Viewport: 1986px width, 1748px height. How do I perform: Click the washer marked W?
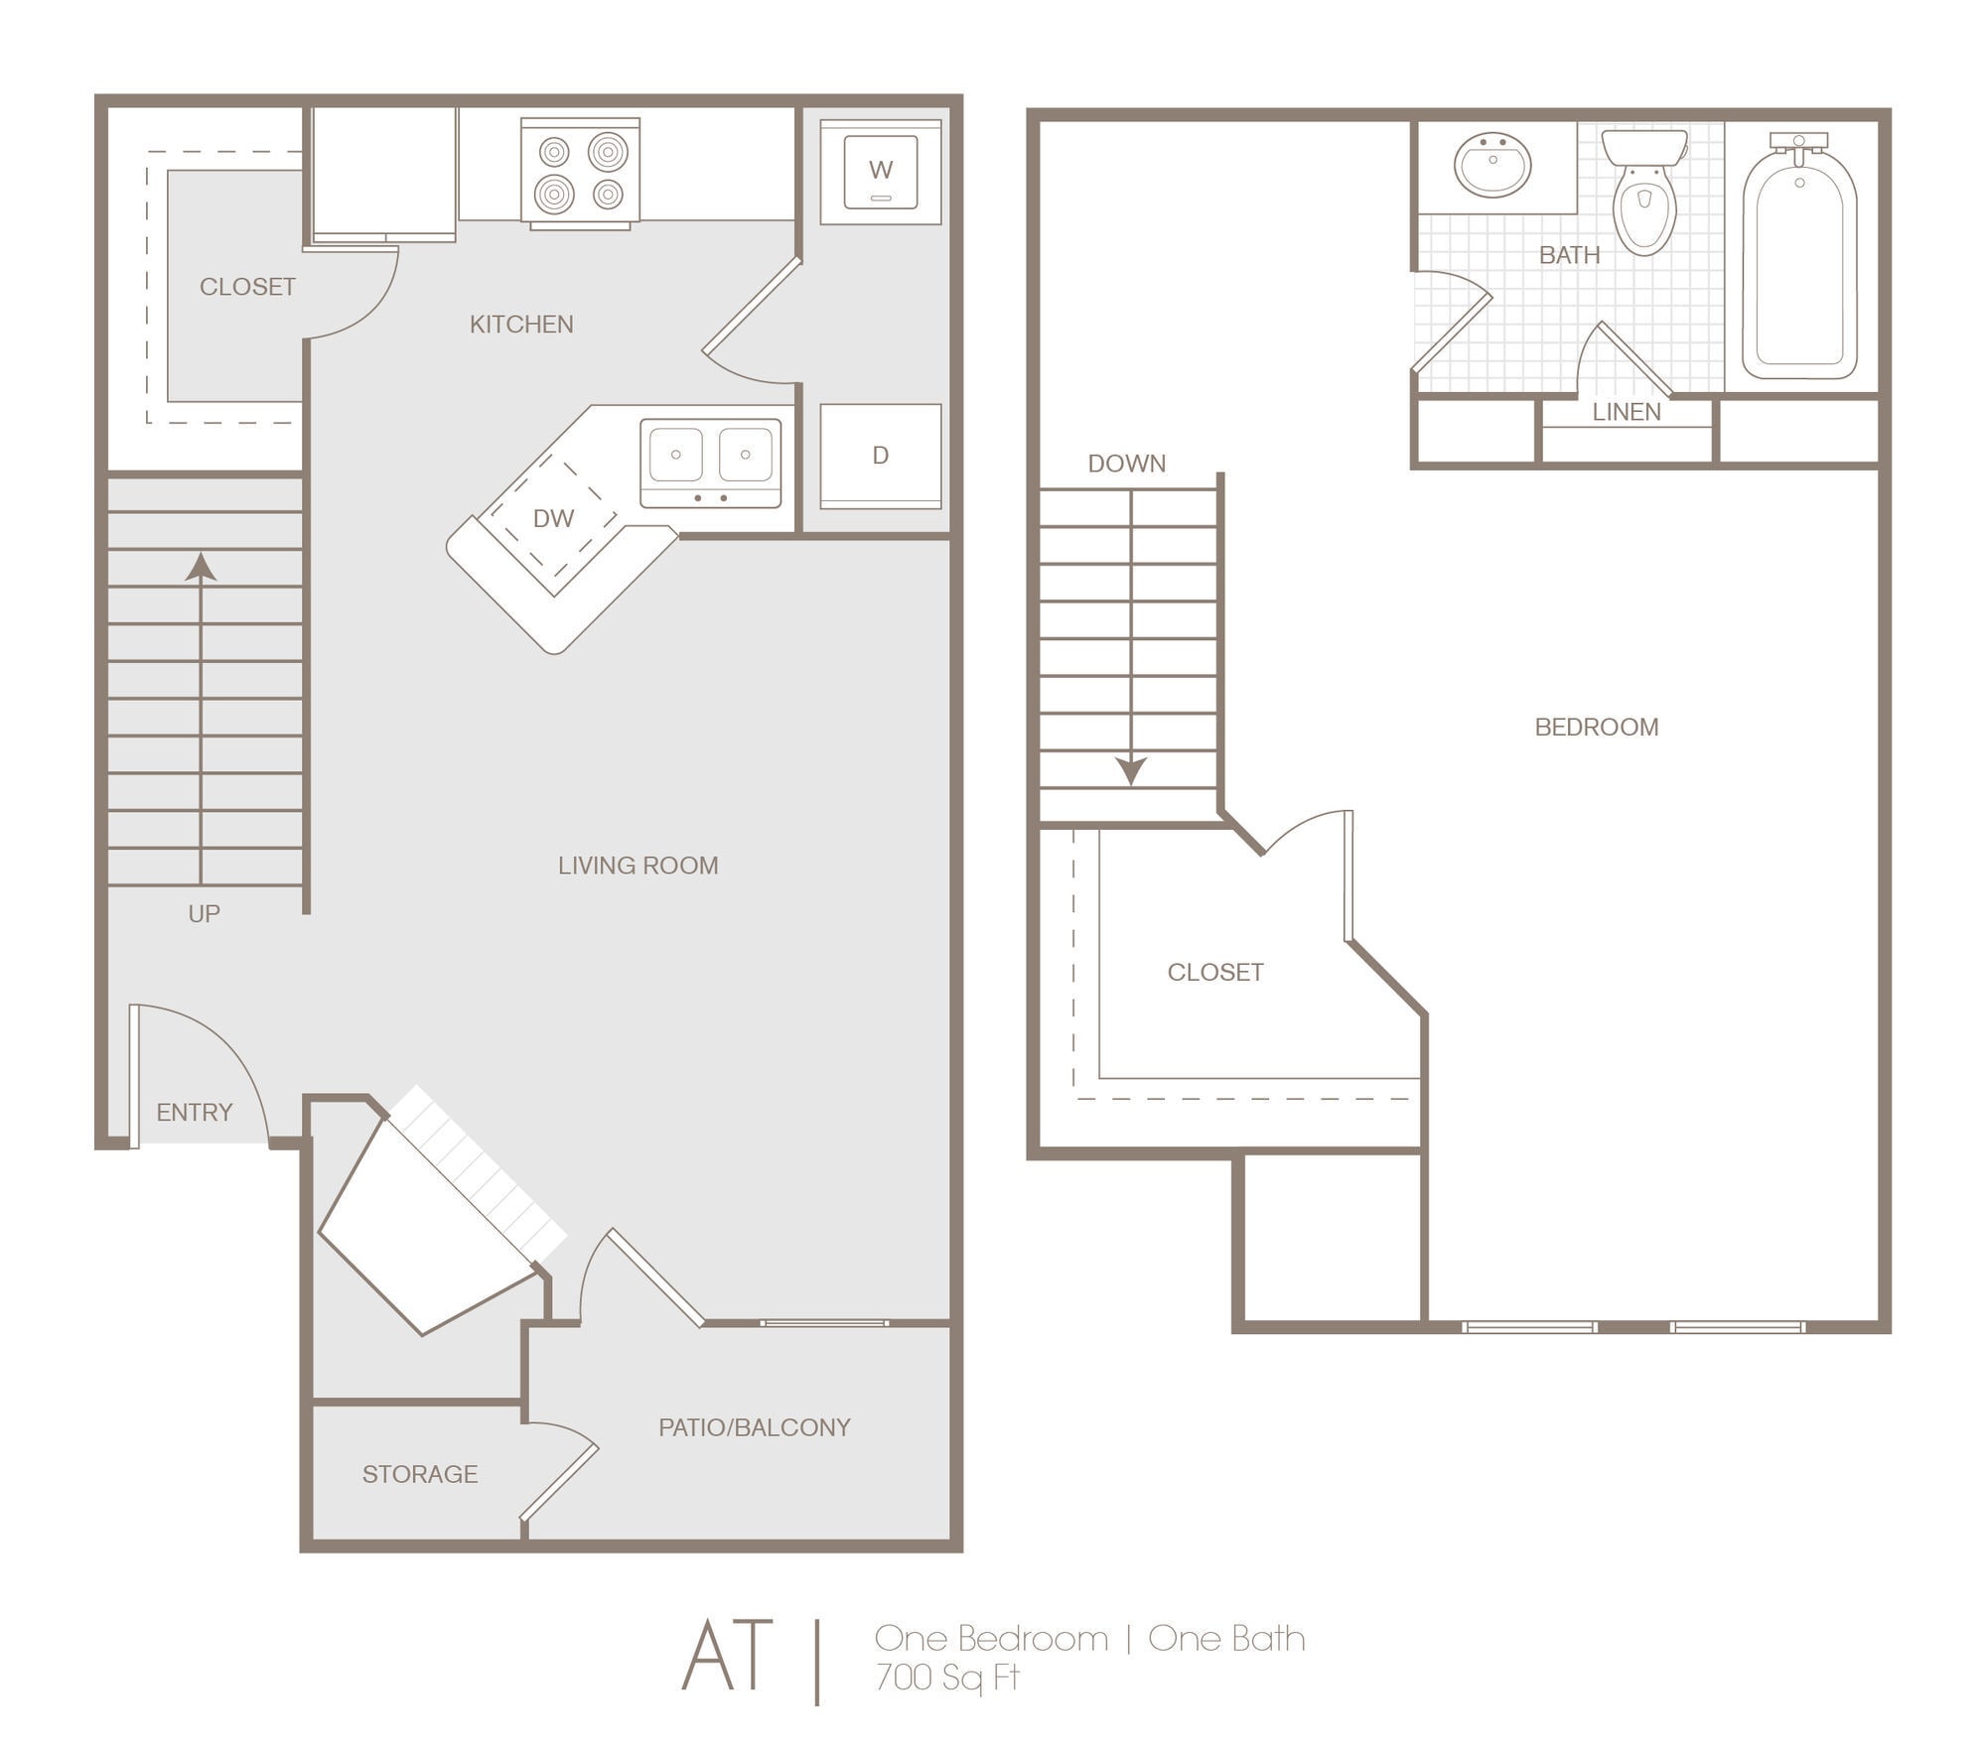click(880, 172)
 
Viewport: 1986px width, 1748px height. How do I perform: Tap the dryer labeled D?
click(880, 456)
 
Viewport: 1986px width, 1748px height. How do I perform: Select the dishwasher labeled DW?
click(553, 519)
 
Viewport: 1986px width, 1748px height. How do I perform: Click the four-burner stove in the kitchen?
click(581, 172)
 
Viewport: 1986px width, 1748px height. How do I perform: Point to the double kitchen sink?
click(710, 462)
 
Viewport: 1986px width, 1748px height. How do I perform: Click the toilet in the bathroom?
click(1644, 194)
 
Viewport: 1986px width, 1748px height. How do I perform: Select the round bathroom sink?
click(1491, 165)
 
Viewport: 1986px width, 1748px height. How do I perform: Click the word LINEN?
click(1627, 412)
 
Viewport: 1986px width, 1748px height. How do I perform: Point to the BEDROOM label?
click(1596, 728)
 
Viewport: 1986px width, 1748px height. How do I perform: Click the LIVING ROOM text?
click(638, 866)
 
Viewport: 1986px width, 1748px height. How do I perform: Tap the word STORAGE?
click(419, 1475)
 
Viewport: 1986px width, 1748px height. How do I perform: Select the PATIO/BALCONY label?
click(754, 1427)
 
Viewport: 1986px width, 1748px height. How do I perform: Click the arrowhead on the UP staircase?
click(202, 567)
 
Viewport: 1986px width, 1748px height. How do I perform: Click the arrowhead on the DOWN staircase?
click(1131, 770)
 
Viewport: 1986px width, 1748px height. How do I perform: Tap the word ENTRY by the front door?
click(194, 1113)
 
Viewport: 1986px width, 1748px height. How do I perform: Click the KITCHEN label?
click(521, 325)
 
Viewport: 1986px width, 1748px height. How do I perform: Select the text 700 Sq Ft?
click(947, 1677)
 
